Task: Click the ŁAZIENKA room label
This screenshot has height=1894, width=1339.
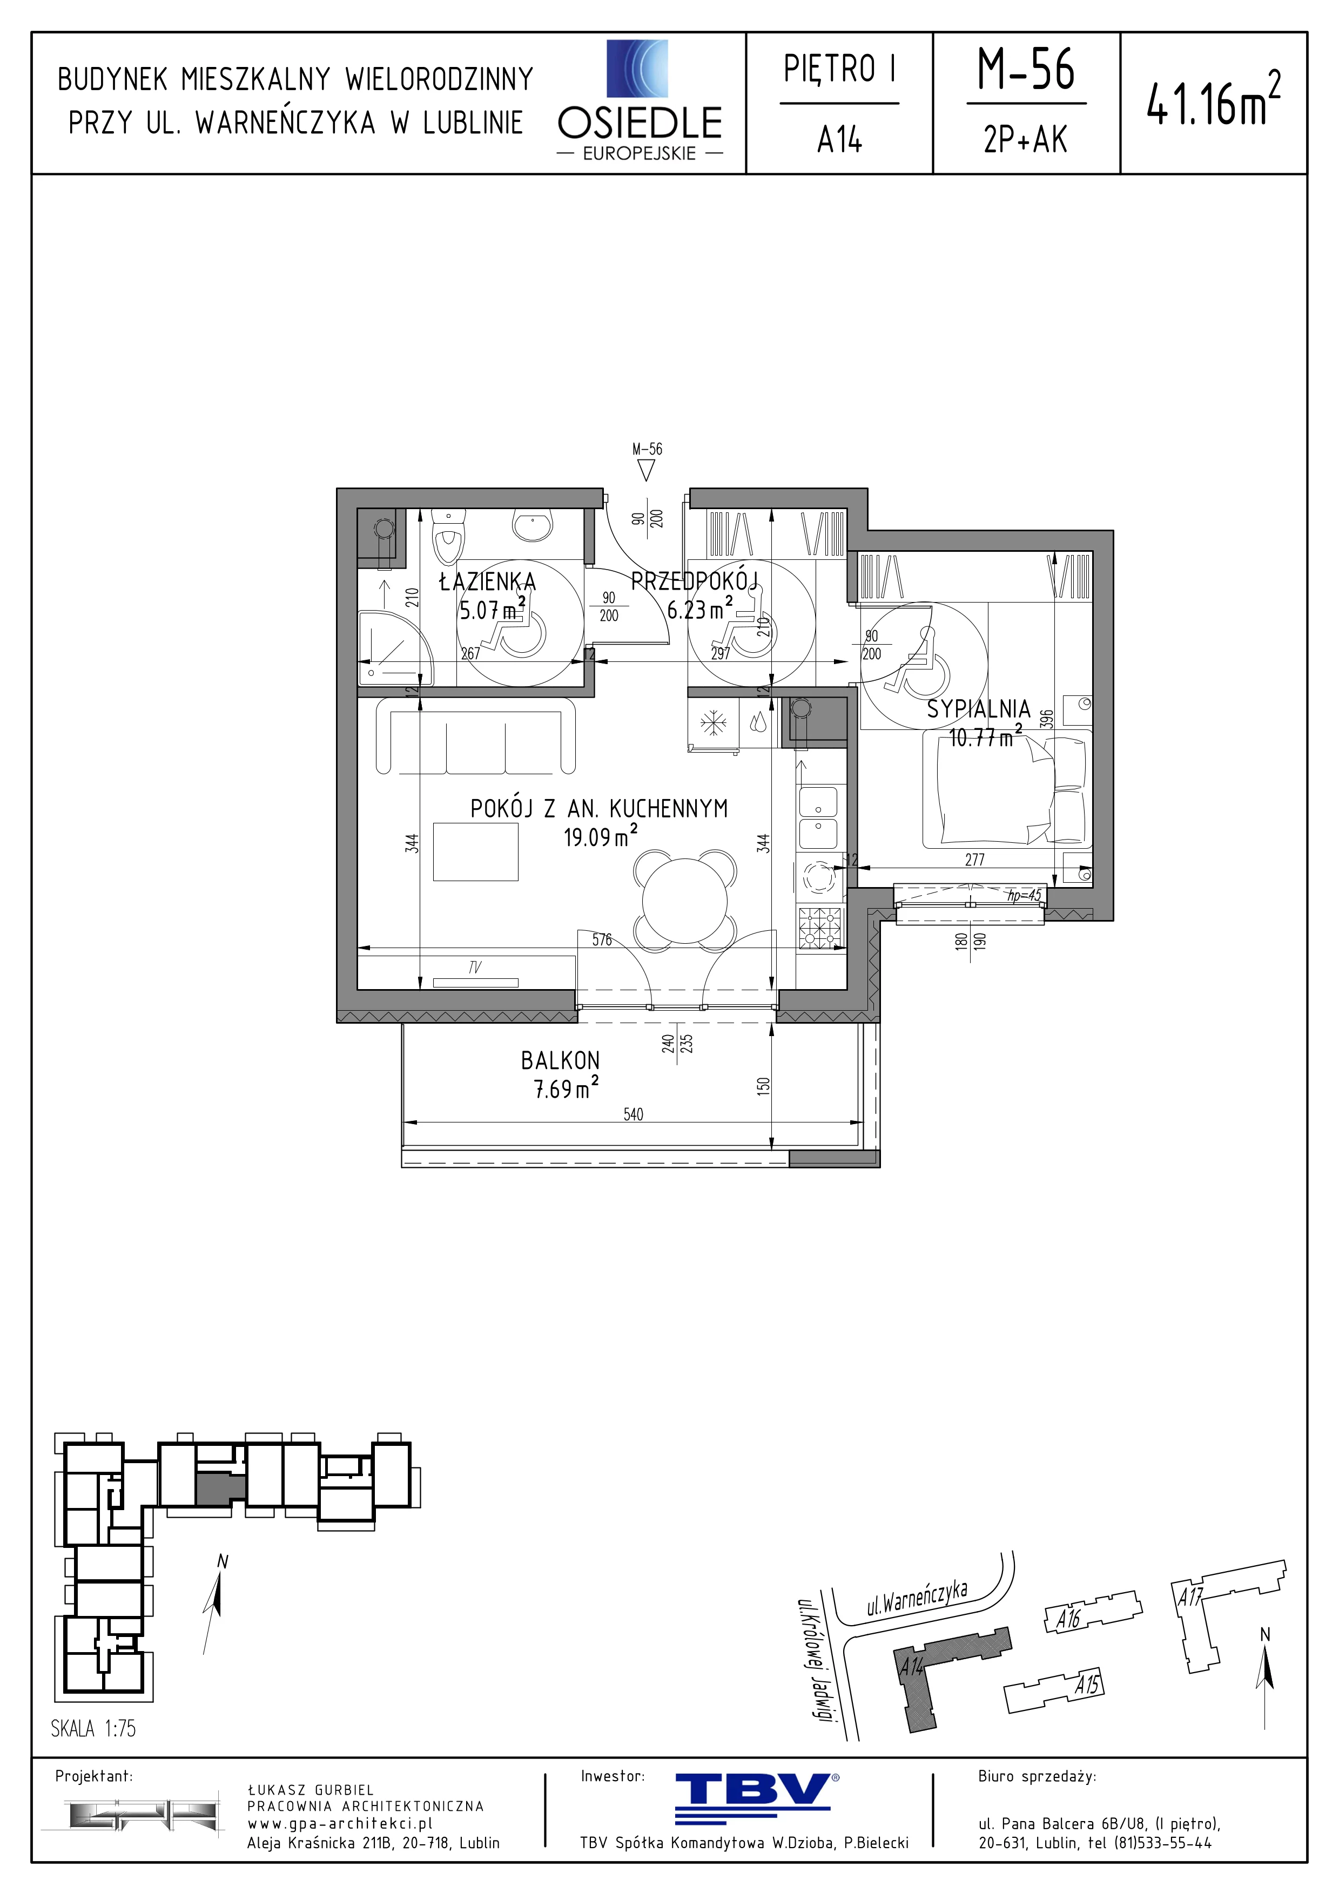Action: (488, 581)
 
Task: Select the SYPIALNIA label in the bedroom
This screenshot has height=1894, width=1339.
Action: (979, 708)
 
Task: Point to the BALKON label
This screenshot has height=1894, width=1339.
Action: (560, 1060)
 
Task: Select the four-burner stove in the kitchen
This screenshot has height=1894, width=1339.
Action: (822, 926)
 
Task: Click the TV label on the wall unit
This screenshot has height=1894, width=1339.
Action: (474, 968)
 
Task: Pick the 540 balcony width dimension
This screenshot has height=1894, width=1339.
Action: (633, 1114)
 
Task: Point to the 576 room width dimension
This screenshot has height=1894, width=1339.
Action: (601, 939)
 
